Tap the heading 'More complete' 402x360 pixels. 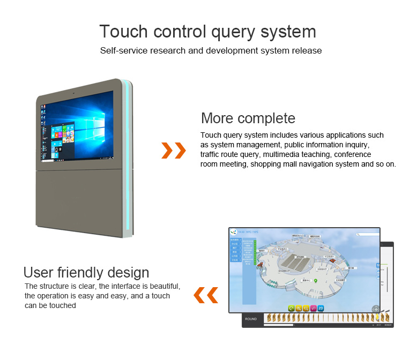click(248, 118)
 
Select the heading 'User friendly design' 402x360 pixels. click(86, 272)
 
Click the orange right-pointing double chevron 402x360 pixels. click(174, 151)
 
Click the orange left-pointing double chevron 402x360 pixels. click(206, 294)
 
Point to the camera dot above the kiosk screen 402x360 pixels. click(73, 93)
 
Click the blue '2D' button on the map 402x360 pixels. click(321, 308)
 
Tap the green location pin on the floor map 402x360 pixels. click(316, 280)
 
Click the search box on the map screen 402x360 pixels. click(368, 234)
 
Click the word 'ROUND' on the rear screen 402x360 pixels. click(251, 319)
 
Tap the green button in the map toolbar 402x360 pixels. click(291, 308)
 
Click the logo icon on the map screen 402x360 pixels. click(233, 232)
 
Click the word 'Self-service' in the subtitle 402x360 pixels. click(122, 51)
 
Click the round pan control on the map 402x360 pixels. click(375, 309)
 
